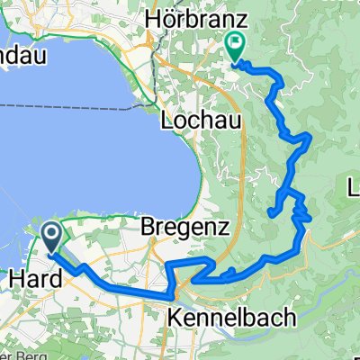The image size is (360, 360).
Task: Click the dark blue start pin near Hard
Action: pos(50,236)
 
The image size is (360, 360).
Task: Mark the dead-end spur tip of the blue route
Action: pos(270,212)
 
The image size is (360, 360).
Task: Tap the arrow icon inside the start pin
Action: pos(50,236)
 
